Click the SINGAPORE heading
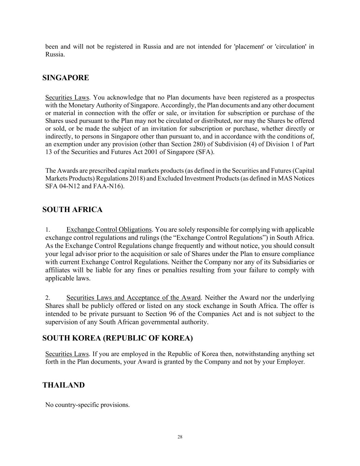point(66,78)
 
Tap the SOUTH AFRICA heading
point(72,210)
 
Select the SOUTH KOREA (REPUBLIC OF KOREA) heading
point(117,338)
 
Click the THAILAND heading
point(63,385)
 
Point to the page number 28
point(180,437)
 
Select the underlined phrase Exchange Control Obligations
point(109,229)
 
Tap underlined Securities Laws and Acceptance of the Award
point(133,298)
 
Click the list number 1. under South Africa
point(48,230)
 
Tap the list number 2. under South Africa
point(48,298)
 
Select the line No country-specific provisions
point(87,405)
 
